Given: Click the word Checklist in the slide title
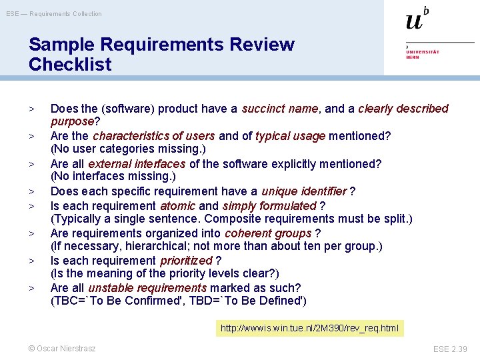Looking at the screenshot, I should (x=70, y=65).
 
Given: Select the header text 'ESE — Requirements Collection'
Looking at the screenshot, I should (x=54, y=13).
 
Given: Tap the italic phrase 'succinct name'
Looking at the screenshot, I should (x=281, y=109).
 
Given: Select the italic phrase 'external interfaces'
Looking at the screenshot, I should (x=137, y=164).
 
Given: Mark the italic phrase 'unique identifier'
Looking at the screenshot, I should (x=305, y=192).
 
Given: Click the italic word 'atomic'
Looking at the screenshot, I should (x=177, y=206).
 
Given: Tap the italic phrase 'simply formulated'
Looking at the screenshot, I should (x=269, y=206).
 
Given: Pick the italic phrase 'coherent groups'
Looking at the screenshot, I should (x=268, y=233).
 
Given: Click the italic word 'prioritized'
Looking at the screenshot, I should (x=186, y=261).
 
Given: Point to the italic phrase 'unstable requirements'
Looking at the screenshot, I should (x=147, y=288).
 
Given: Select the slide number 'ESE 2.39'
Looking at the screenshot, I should (x=450, y=349).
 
